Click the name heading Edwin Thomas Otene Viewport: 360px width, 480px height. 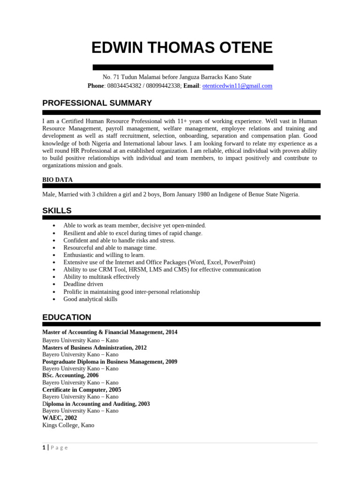point(182,47)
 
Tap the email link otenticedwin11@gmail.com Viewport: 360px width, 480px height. point(237,86)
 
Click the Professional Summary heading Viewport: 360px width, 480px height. point(97,103)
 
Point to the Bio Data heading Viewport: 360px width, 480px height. point(57,180)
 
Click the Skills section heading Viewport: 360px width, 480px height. point(57,211)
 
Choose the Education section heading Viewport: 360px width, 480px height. point(67,317)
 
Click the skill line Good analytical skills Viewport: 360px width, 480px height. point(90,299)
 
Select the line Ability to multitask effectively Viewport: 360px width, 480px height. point(101,277)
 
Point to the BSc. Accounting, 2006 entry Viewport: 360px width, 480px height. point(70,375)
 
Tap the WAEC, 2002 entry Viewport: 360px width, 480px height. point(60,418)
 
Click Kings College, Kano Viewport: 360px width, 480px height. point(68,425)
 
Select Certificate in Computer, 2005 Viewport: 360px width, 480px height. point(82,390)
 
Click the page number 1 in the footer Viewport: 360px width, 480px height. point(44,448)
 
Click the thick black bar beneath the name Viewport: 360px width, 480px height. point(183,67)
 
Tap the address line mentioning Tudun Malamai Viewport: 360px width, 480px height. point(177,77)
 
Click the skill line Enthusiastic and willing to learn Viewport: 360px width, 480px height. point(104,255)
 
